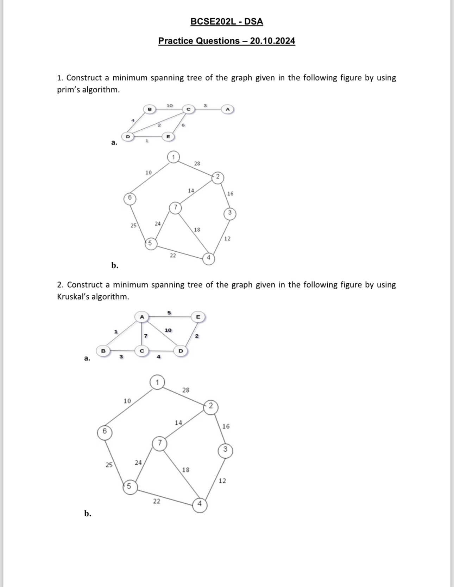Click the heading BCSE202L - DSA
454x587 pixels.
pos(227,22)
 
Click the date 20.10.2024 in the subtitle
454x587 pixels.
pos(272,41)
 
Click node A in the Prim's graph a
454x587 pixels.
pos(228,109)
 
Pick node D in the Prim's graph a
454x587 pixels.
pos(128,136)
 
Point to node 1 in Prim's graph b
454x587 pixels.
pos(173,157)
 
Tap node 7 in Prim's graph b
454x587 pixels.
pos(175,207)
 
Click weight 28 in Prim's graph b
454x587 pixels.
pos(197,163)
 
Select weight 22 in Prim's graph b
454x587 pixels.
pos(173,256)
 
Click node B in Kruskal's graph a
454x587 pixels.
pos(103,351)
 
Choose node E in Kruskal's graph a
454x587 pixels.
pos(198,317)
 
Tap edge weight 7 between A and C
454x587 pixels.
pos(146,336)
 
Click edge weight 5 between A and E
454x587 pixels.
pos(169,312)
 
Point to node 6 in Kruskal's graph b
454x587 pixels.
pos(105,432)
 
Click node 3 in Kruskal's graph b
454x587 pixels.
pos(225,450)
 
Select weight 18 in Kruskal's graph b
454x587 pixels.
pos(186,470)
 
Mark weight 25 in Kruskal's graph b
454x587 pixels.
pos(109,465)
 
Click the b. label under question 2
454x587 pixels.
pos(88,514)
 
